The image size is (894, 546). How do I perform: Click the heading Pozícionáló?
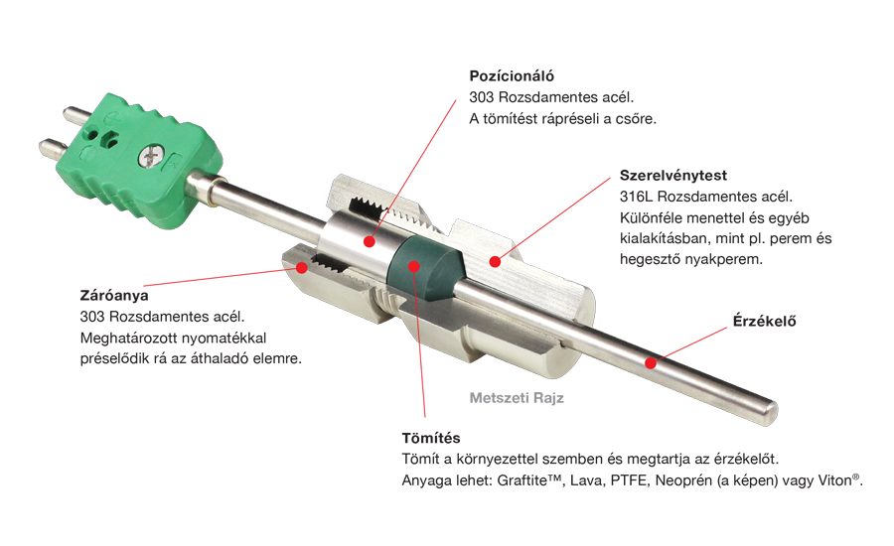(x=512, y=75)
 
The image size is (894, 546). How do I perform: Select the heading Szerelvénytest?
(x=673, y=175)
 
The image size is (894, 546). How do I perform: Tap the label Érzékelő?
(x=764, y=321)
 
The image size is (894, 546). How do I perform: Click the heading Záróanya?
(x=114, y=295)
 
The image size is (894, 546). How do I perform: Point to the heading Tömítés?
(x=430, y=438)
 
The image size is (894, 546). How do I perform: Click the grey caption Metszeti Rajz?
(x=517, y=398)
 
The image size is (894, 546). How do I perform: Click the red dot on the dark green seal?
(x=414, y=266)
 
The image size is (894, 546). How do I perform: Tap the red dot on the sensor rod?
(x=651, y=363)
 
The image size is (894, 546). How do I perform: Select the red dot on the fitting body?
(x=495, y=262)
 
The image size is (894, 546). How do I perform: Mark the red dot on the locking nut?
(x=302, y=267)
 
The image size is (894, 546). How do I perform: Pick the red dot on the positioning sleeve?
(x=370, y=241)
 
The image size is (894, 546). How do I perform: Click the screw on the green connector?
(x=151, y=156)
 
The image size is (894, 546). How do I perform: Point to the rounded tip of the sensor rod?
(x=771, y=413)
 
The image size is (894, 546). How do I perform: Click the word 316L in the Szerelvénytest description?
(x=637, y=197)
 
